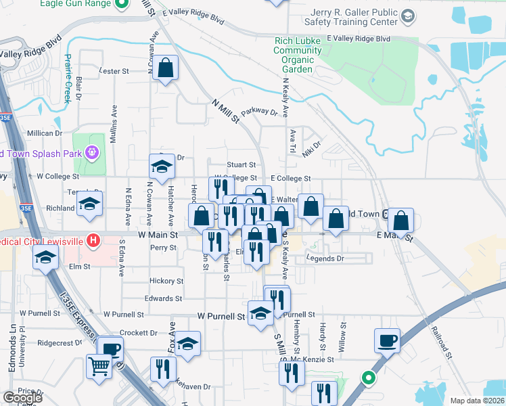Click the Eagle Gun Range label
[x=83, y=3]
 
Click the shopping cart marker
[x=99, y=367]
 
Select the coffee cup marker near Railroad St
[x=387, y=341]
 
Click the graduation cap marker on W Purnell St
[x=260, y=313]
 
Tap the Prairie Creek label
[x=67, y=78]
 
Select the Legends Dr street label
[x=325, y=258]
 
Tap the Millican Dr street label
[x=45, y=133]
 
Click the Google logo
[x=22, y=398]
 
